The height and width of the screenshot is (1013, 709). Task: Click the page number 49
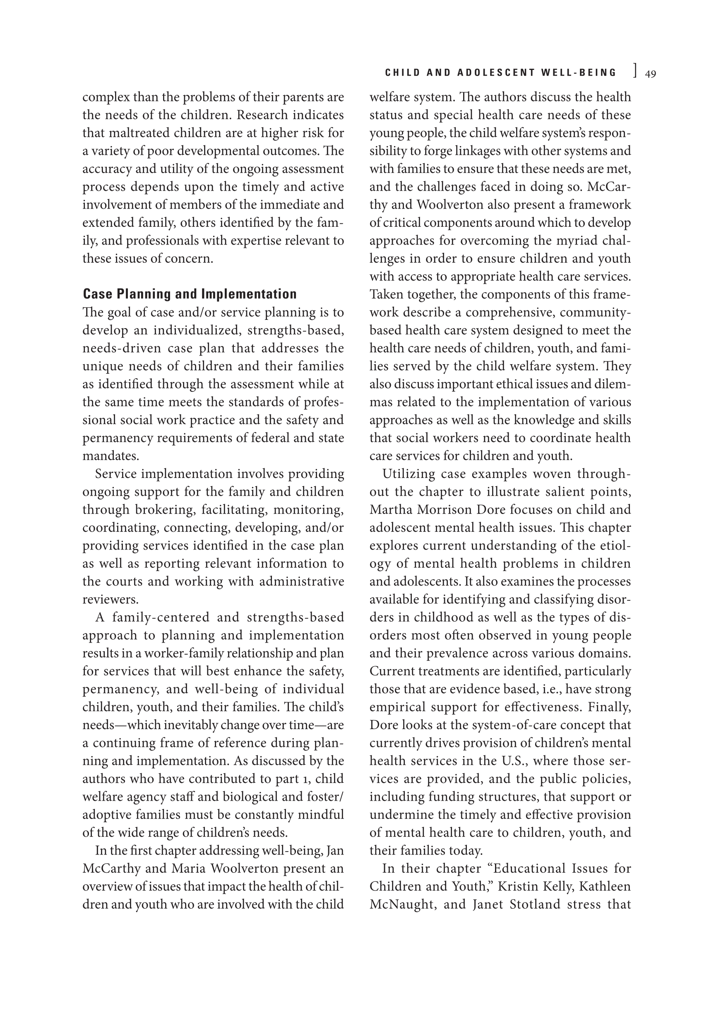click(x=650, y=74)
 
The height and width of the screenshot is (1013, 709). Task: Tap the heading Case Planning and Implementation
click(x=190, y=294)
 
